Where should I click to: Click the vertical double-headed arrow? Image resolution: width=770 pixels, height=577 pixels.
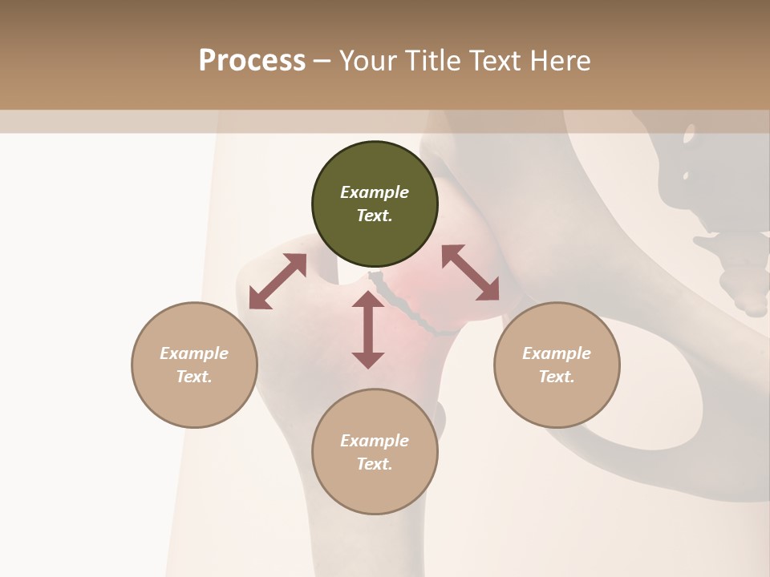[368, 329]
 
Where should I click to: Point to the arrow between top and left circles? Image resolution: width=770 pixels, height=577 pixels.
[278, 281]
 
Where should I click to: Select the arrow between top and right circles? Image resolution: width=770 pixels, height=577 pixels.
[470, 272]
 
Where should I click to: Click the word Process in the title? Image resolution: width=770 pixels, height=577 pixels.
[252, 61]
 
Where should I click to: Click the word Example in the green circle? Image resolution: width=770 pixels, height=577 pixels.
[375, 192]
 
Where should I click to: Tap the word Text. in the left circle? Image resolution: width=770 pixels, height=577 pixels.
[194, 377]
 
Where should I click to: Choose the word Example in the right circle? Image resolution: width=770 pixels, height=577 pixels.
[557, 353]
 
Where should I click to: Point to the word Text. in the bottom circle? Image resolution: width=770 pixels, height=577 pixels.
[375, 464]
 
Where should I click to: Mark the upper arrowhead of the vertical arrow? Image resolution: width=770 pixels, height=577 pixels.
[368, 300]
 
